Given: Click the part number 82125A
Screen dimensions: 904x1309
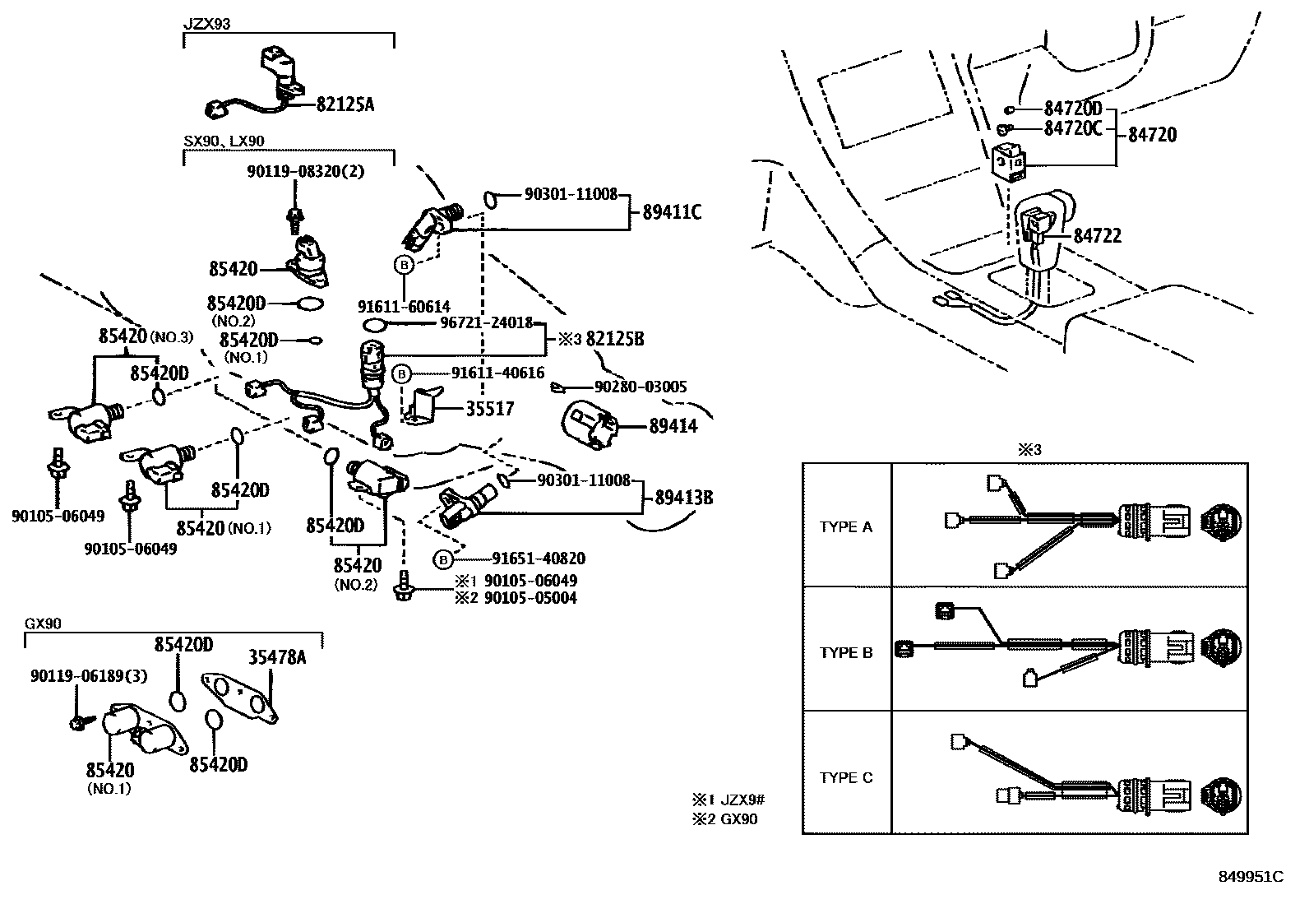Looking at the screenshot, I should (x=345, y=104).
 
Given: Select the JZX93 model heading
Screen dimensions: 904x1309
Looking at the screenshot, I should (x=206, y=24).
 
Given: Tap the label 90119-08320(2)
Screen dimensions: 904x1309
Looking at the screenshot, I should (x=305, y=172).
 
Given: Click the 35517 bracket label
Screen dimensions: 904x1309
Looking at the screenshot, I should (x=489, y=408).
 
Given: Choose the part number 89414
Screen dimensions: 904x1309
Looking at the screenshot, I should (x=673, y=426).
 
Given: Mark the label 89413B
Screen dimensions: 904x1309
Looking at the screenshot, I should (x=683, y=498).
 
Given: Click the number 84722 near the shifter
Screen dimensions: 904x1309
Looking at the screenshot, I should (x=1098, y=236).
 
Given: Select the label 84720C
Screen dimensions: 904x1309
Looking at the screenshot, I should (x=1073, y=128).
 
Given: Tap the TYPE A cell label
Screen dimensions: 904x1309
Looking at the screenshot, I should (x=846, y=527).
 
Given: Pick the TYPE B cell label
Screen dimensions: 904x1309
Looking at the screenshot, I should (x=846, y=653).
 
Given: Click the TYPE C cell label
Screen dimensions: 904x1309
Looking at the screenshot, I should (x=846, y=777).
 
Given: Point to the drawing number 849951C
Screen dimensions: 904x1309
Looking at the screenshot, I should (x=1251, y=877).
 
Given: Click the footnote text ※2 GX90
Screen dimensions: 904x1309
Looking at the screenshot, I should (x=724, y=819).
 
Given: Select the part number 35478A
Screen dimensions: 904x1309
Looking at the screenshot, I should (x=277, y=656).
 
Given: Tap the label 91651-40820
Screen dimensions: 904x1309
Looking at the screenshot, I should (x=539, y=559).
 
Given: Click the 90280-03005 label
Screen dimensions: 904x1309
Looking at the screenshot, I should (x=641, y=387).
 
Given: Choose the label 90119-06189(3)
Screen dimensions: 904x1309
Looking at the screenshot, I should (x=89, y=675).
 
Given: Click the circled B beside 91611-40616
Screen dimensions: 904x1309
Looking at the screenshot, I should (x=401, y=374).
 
